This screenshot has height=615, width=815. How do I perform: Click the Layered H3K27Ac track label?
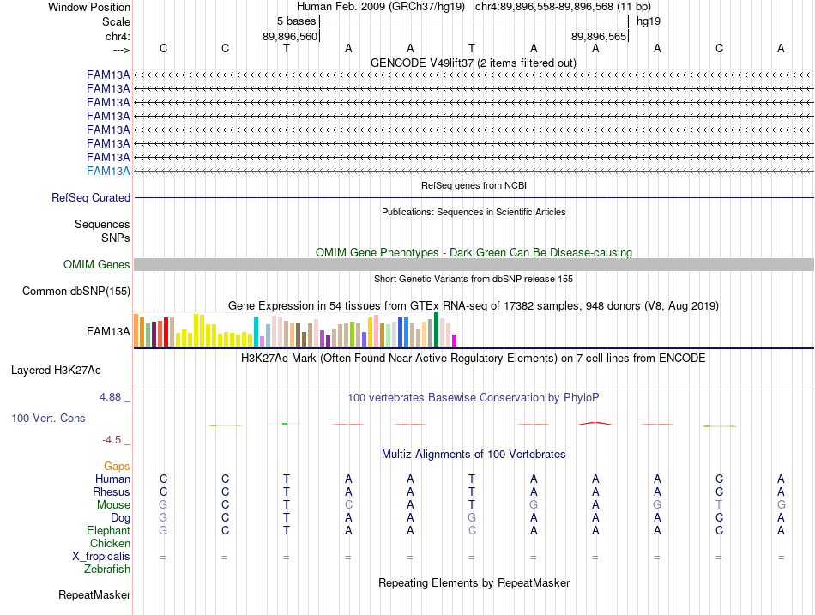(56, 371)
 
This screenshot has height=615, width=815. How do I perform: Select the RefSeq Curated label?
(91, 197)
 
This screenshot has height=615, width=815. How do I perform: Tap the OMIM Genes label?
(97, 264)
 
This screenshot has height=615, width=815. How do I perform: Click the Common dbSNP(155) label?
(76, 291)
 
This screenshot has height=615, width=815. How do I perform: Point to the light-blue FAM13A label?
(108, 171)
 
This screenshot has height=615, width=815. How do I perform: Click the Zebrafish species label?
(107, 570)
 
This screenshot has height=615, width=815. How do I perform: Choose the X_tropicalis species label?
(101, 557)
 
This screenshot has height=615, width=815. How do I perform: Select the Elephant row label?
(109, 531)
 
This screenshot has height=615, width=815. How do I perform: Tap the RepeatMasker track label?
(94, 594)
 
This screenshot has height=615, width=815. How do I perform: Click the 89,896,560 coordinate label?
(290, 36)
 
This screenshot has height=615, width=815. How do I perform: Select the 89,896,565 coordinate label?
(599, 36)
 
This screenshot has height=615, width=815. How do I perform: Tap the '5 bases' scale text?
(296, 21)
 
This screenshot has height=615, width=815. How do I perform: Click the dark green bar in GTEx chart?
(436, 329)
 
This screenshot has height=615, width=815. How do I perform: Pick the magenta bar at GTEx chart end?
(455, 341)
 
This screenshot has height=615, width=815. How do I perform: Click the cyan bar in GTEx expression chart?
(256, 332)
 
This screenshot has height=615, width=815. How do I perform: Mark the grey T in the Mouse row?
(719, 505)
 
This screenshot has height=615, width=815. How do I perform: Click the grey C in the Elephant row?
(472, 531)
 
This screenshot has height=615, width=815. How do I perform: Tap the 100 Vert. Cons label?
(48, 418)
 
